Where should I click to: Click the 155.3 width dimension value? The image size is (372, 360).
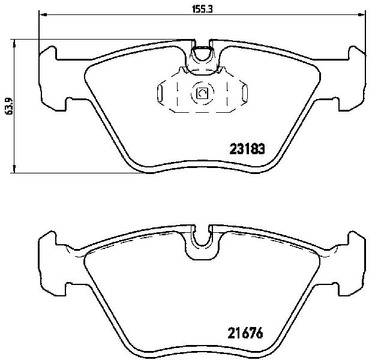click(x=202, y=9)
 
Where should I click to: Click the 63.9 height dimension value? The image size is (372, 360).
click(x=9, y=106)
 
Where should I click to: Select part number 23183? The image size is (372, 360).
click(x=247, y=149)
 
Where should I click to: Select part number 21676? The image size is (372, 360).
click(x=245, y=333)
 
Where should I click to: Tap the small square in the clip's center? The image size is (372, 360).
click(x=202, y=93)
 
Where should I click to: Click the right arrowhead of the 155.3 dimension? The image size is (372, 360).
click(x=362, y=15)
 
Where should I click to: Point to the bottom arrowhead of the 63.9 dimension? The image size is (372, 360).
click(x=15, y=169)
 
